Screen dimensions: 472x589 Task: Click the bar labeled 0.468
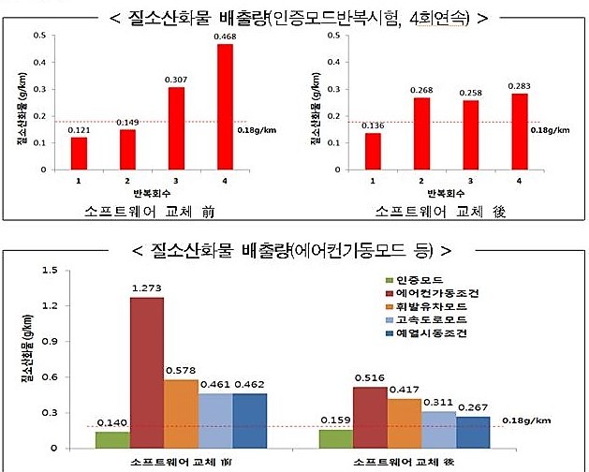click(225, 106)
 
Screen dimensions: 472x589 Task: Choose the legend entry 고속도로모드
click(431, 318)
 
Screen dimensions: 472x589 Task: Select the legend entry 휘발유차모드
click(431, 305)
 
